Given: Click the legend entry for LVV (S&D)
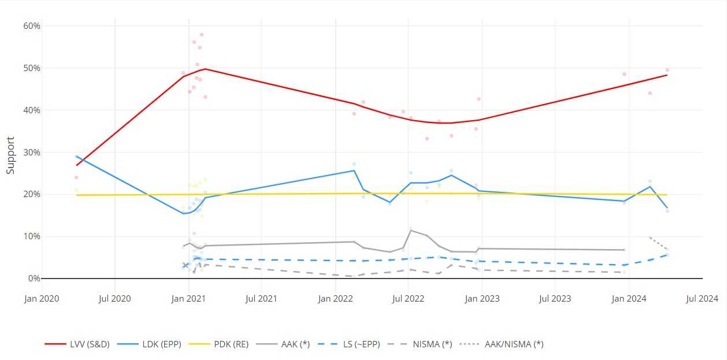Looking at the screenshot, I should (73, 344).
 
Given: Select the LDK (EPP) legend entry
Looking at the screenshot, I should (149, 344).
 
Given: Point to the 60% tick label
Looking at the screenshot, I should (31, 26).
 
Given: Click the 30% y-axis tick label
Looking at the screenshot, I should (31, 153).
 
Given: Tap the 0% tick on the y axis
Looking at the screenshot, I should (34, 279).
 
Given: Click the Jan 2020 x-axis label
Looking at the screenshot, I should (42, 299).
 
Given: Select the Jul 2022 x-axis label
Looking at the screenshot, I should (408, 299).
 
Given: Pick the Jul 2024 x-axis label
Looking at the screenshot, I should (702, 299).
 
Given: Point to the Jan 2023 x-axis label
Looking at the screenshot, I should (482, 299).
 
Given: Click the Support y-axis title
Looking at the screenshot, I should (10, 155).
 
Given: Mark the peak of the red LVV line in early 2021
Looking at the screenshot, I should (205, 69).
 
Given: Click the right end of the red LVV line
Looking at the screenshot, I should (667, 75).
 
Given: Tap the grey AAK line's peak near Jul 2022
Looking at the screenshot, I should (410, 230).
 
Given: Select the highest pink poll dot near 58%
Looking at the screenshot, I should (202, 35).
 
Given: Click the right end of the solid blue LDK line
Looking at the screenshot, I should (667, 208).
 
